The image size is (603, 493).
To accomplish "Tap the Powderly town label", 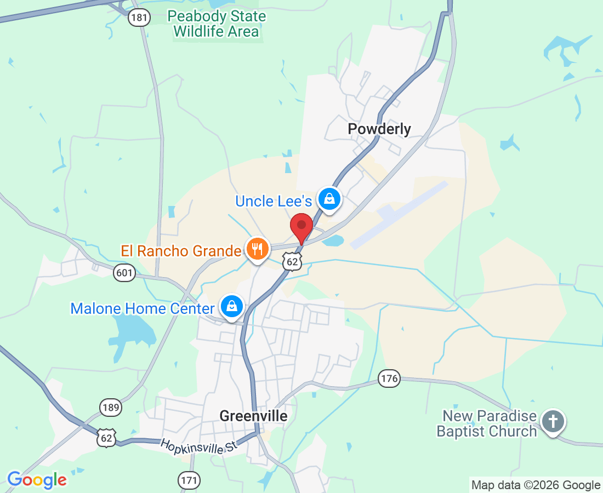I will click(379, 129).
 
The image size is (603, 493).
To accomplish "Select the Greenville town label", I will click(253, 416).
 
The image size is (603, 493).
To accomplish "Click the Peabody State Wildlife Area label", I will click(216, 24).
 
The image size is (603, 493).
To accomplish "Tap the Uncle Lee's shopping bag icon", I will click(329, 199).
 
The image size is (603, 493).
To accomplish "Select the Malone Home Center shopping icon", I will click(232, 307).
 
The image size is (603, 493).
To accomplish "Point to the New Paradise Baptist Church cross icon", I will click(553, 422).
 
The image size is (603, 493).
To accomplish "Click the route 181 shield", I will click(139, 18).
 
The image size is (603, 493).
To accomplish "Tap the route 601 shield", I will click(124, 272).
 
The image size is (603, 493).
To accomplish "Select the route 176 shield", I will click(389, 378).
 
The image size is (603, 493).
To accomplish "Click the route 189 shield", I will click(111, 407).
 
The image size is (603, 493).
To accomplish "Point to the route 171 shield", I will click(189, 481).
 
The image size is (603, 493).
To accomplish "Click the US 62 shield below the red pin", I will click(293, 262).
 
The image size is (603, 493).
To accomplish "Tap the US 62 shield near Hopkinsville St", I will click(106, 438).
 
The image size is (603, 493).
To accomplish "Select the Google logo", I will click(37, 480).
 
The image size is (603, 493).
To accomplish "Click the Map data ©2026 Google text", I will click(536, 485).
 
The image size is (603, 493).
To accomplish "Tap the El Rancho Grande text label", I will click(181, 251).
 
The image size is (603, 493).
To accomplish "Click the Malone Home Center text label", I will click(142, 308).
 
